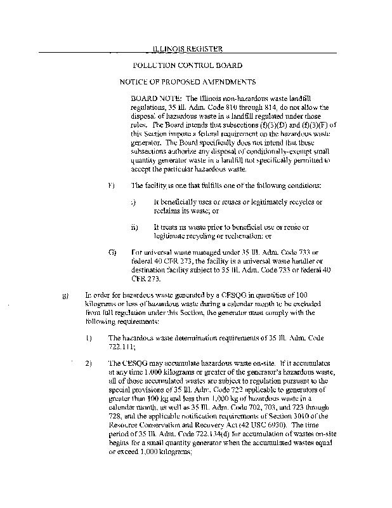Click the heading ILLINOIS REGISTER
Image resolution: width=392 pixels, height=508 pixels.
point(189,48)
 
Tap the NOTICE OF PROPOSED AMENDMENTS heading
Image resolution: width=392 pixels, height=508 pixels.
point(188,83)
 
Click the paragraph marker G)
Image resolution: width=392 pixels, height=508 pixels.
point(112,252)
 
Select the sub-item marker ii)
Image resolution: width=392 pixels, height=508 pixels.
point(134,227)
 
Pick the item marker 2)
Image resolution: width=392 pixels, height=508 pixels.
point(89,364)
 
